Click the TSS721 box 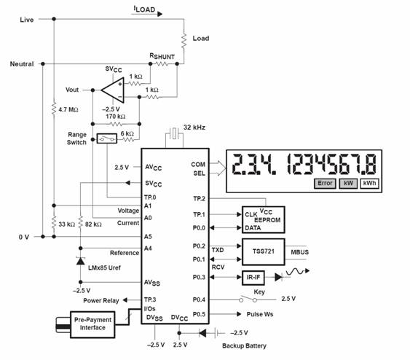click(264, 251)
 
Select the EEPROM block click(264, 220)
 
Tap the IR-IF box click(253, 278)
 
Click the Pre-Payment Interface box click(92, 324)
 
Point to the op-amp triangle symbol click(113, 90)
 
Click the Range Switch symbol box click(106, 138)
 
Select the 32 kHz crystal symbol click(174, 133)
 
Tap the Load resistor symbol click(184, 41)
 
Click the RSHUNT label click(162, 56)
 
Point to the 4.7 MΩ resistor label click(68, 109)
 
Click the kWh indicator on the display click(369, 184)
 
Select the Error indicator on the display click(325, 184)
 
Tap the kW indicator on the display click(348, 184)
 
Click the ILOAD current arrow click(146, 14)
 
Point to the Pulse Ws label click(260, 314)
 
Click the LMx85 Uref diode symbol click(81, 261)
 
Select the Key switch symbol click(248, 299)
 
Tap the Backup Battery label click(244, 346)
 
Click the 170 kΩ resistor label click(116, 117)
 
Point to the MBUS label click(299, 252)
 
